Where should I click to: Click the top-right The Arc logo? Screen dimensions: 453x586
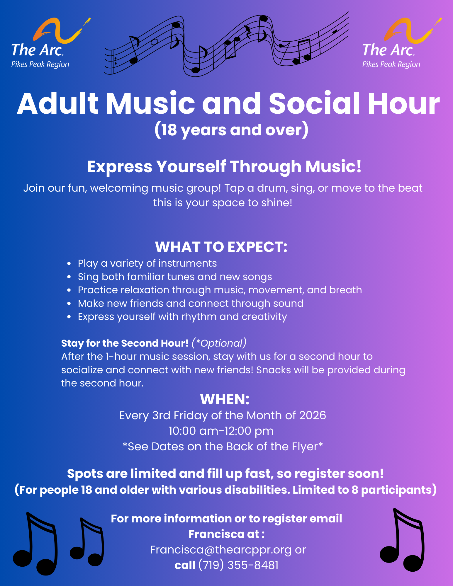click(x=402, y=43)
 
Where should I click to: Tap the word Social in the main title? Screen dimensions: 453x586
click(x=314, y=103)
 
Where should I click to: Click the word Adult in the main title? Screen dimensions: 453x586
click(x=58, y=103)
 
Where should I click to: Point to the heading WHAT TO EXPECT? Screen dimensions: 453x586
click(x=221, y=247)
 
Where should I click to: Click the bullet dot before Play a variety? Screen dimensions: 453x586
click(x=69, y=264)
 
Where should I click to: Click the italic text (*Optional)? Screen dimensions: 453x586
click(x=219, y=343)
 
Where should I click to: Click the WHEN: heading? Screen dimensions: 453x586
click(x=225, y=399)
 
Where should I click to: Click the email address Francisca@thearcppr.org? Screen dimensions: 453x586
click(x=221, y=550)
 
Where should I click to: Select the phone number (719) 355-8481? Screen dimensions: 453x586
click(x=238, y=565)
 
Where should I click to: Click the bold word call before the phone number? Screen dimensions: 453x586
click(x=185, y=565)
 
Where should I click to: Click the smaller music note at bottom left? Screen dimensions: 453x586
click(x=87, y=542)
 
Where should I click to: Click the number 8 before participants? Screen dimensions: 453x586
click(x=355, y=490)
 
